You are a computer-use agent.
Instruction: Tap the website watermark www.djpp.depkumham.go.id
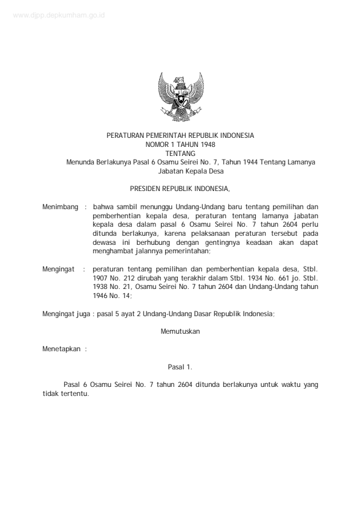(58, 16)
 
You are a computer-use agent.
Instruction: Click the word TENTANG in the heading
(180, 154)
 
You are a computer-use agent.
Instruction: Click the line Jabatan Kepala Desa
(180, 170)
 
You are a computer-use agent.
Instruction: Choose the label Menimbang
(61, 207)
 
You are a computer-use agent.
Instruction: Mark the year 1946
(102, 296)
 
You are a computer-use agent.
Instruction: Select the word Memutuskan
(180, 331)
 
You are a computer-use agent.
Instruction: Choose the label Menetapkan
(61, 349)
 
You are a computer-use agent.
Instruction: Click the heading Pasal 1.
(180, 366)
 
